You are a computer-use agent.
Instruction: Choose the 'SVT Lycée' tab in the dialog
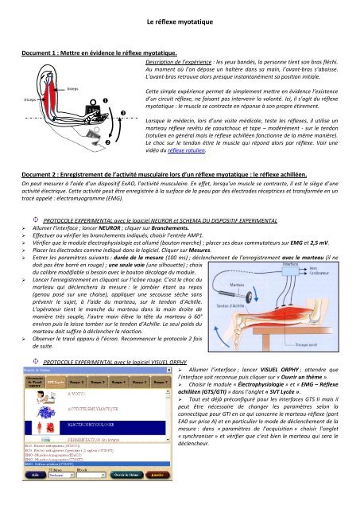click(x=56, y=405)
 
